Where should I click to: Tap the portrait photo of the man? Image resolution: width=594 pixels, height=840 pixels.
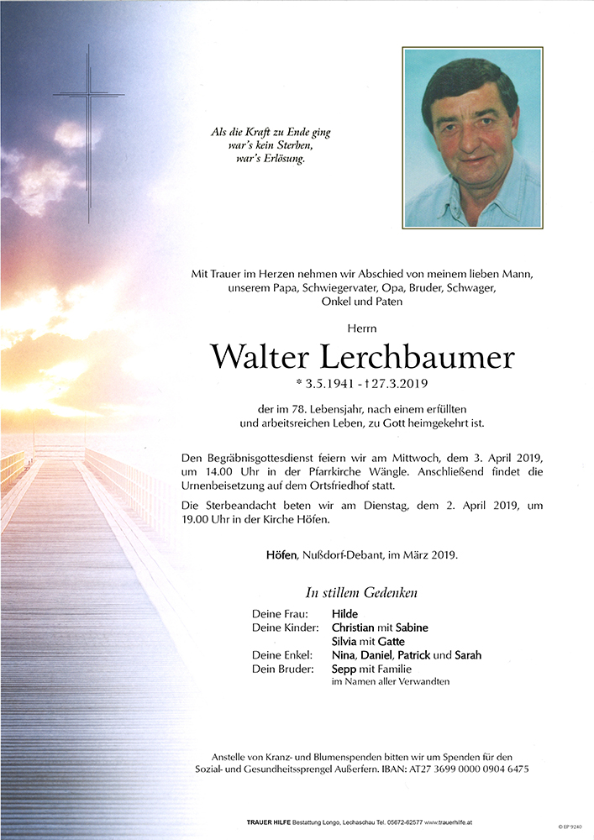point(471,137)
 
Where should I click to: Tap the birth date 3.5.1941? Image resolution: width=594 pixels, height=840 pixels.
point(322,385)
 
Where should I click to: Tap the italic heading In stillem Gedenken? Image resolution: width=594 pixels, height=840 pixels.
point(361,592)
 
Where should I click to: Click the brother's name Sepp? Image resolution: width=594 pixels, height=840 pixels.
point(344,669)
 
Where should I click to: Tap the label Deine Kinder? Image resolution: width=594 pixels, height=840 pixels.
point(285,627)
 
